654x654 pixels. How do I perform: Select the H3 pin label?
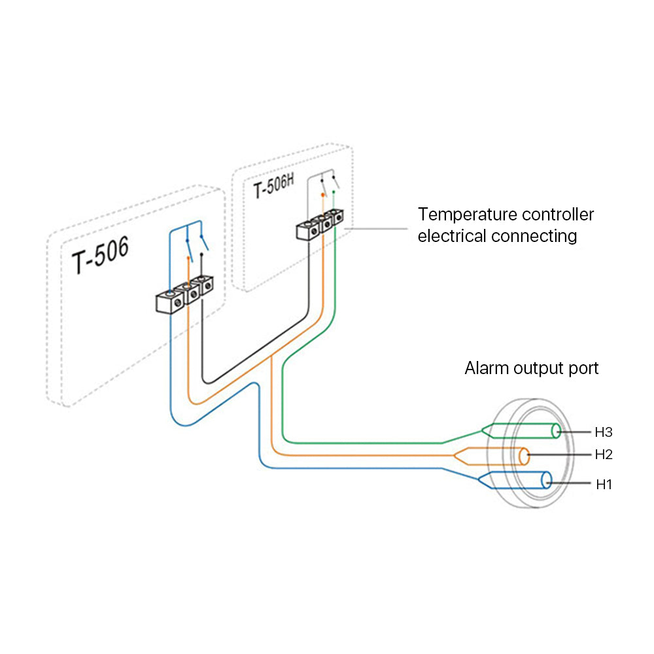(x=603, y=432)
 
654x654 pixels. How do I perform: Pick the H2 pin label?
(x=603, y=454)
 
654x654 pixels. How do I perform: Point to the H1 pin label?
(x=603, y=485)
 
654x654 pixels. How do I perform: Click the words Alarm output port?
(x=531, y=368)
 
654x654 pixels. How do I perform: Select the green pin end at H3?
(x=555, y=431)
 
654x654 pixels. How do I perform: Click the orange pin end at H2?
(x=525, y=456)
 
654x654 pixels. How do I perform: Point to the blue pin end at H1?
(x=547, y=481)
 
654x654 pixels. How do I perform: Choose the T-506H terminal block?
(x=320, y=224)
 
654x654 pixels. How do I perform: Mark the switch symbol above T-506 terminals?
(x=196, y=246)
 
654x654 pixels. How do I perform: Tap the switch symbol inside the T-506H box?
(x=328, y=184)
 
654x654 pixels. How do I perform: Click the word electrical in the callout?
(x=452, y=236)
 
